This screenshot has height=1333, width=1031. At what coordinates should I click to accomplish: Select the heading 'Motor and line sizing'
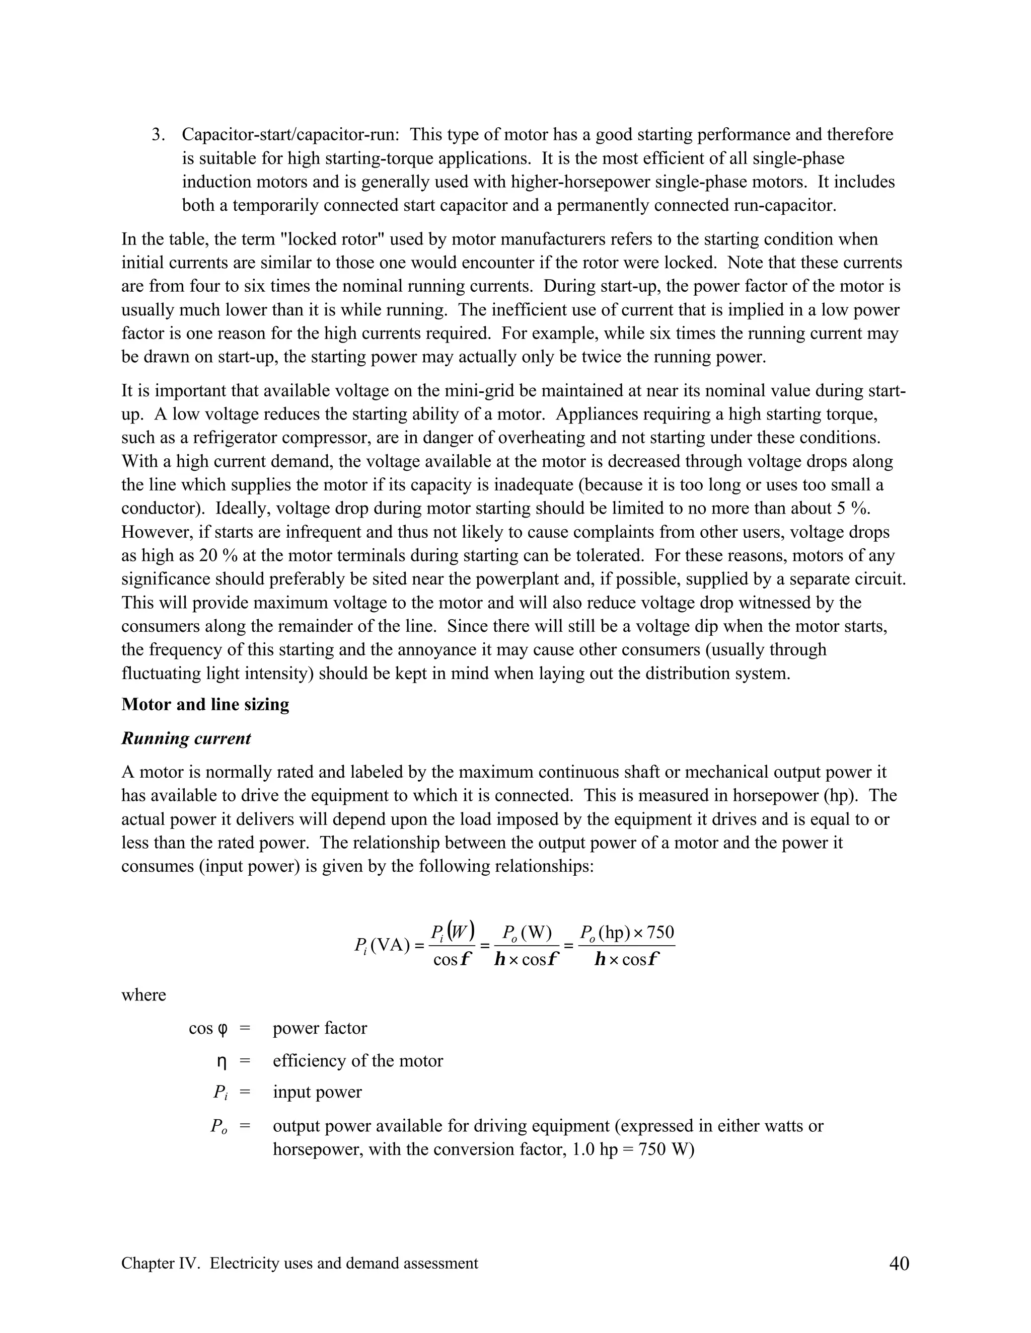(x=205, y=704)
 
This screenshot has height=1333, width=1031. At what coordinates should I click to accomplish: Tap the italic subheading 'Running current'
(x=186, y=738)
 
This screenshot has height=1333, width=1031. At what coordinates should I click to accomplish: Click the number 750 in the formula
(x=660, y=933)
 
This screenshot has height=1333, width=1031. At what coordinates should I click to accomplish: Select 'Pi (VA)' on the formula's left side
(x=382, y=946)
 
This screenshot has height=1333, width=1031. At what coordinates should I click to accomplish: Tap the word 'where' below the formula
(x=143, y=995)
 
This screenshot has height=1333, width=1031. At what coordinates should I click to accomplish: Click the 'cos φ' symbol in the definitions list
(x=208, y=1029)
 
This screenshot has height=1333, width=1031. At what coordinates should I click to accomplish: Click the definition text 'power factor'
(x=320, y=1029)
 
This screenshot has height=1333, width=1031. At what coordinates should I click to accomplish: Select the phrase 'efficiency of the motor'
(x=358, y=1061)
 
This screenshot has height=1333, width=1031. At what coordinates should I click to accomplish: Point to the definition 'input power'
(x=317, y=1092)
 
